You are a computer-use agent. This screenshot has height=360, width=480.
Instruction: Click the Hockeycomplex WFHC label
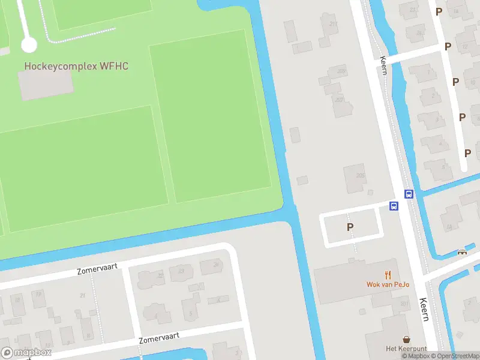click(76, 65)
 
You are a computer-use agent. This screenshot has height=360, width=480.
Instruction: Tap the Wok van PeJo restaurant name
click(388, 284)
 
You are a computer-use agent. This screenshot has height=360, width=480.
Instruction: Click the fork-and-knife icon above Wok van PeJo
click(388, 275)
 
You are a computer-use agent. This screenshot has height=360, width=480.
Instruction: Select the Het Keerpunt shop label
click(406, 349)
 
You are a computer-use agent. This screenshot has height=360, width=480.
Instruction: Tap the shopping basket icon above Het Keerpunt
click(407, 340)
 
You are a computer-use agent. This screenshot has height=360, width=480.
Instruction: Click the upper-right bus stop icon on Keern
click(409, 194)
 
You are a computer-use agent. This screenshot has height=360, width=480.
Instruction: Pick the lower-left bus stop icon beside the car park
click(394, 206)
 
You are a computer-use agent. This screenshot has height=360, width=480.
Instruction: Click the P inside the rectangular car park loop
click(350, 227)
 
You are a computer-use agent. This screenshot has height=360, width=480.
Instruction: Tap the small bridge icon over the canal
click(462, 252)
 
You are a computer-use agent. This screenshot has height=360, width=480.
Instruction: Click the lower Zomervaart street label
click(159, 338)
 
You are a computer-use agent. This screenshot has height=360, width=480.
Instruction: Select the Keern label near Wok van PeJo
click(424, 310)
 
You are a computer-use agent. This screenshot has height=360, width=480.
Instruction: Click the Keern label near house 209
click(383, 66)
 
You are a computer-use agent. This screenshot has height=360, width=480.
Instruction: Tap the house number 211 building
click(334, 25)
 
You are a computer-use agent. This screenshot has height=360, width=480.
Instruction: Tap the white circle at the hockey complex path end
click(29, 44)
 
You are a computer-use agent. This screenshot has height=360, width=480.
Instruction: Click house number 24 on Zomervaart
click(215, 264)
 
